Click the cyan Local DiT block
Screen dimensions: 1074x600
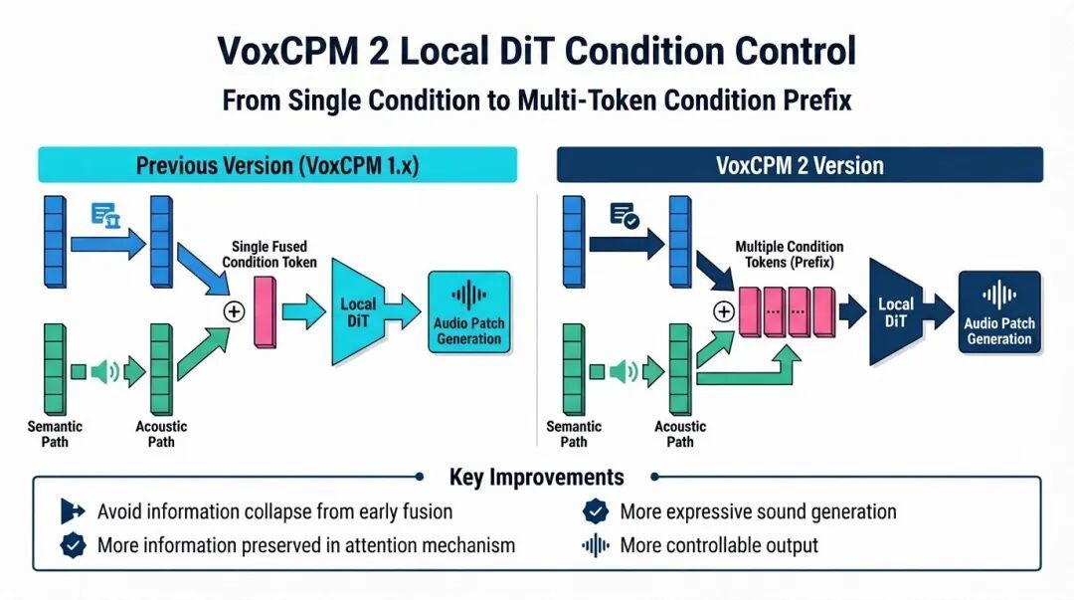coord(358,312)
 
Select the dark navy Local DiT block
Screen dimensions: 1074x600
coord(895,312)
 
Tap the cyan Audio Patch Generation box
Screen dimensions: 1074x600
coord(469,312)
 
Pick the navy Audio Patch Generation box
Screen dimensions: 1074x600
coord(999,312)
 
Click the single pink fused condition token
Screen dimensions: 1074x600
coord(266,312)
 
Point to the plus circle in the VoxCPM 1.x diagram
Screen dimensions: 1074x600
coord(235,312)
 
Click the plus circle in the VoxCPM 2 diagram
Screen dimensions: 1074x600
coord(724,312)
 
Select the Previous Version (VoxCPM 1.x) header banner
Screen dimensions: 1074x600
coord(277,165)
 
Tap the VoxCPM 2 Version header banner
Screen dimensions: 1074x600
coord(800,165)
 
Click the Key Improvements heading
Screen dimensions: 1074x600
coord(536,477)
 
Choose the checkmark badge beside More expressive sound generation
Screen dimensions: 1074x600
coord(596,511)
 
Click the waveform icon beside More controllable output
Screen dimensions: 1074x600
coord(596,546)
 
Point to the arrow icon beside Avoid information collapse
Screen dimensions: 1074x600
coord(73,511)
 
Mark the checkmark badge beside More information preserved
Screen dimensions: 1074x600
coord(73,546)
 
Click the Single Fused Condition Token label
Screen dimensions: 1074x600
coord(269,254)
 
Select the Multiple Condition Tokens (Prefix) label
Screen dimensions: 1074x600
coord(789,254)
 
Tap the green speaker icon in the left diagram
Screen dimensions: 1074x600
coord(105,372)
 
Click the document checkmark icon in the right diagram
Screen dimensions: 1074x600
coord(624,215)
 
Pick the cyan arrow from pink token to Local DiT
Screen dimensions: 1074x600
coord(304,312)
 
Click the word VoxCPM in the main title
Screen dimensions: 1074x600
coord(287,52)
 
